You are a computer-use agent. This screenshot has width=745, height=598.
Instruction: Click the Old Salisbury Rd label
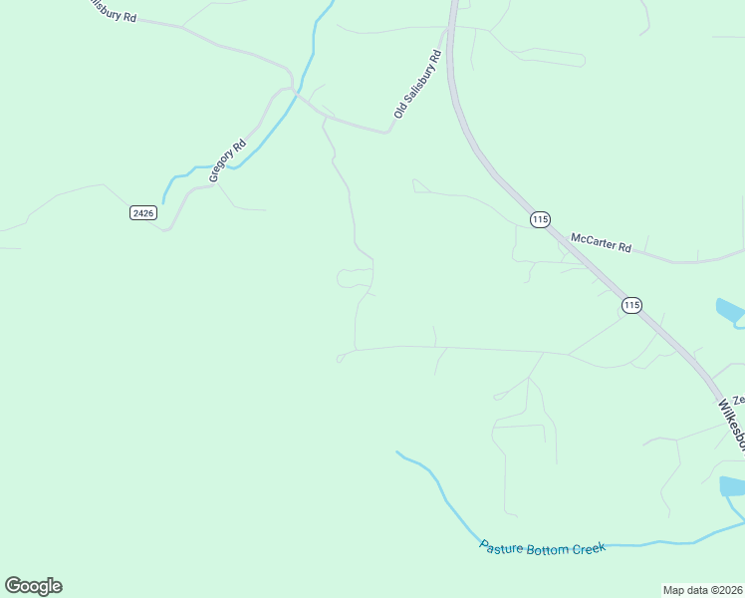417,86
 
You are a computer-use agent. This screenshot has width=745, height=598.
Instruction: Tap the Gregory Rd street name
227,159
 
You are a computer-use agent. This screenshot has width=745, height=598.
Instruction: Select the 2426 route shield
143,213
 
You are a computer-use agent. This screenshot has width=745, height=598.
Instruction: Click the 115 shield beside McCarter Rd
540,219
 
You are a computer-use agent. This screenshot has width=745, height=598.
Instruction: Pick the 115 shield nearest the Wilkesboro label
631,305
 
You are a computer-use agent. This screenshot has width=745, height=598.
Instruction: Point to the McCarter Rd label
601,242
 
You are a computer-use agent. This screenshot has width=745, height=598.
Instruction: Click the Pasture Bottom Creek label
542,548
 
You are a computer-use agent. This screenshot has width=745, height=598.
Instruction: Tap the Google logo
33,586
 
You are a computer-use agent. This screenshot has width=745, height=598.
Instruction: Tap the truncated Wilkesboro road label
732,425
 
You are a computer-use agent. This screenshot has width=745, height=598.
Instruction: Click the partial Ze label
738,399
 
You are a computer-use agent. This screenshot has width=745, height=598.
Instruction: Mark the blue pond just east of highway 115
730,312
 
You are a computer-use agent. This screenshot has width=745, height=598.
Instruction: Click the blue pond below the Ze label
732,486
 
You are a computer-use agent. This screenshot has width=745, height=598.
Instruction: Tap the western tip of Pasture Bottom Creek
396,451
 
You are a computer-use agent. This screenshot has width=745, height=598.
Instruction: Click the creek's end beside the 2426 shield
163,203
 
